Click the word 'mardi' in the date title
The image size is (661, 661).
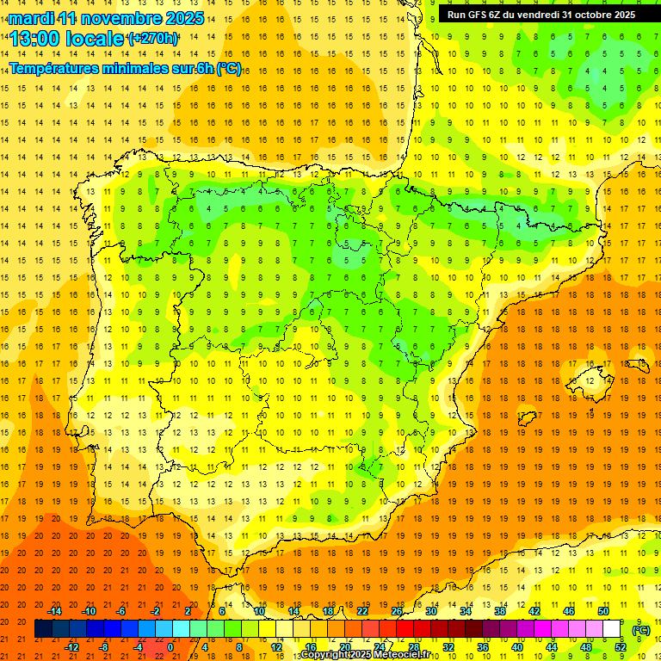click(x=31, y=18)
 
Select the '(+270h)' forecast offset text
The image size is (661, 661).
click(x=153, y=39)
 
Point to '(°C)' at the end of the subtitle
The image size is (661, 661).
click(x=229, y=69)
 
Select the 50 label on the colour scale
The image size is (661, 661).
click(x=603, y=610)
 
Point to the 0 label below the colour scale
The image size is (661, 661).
click(x=170, y=647)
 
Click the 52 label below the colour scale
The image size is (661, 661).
click(x=621, y=647)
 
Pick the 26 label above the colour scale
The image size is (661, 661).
click(x=397, y=610)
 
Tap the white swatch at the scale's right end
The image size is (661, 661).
click(x=612, y=629)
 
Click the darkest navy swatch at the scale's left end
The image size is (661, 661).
click(x=43, y=629)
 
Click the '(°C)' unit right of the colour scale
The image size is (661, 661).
click(x=640, y=630)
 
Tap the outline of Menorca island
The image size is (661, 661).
click(x=638, y=366)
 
